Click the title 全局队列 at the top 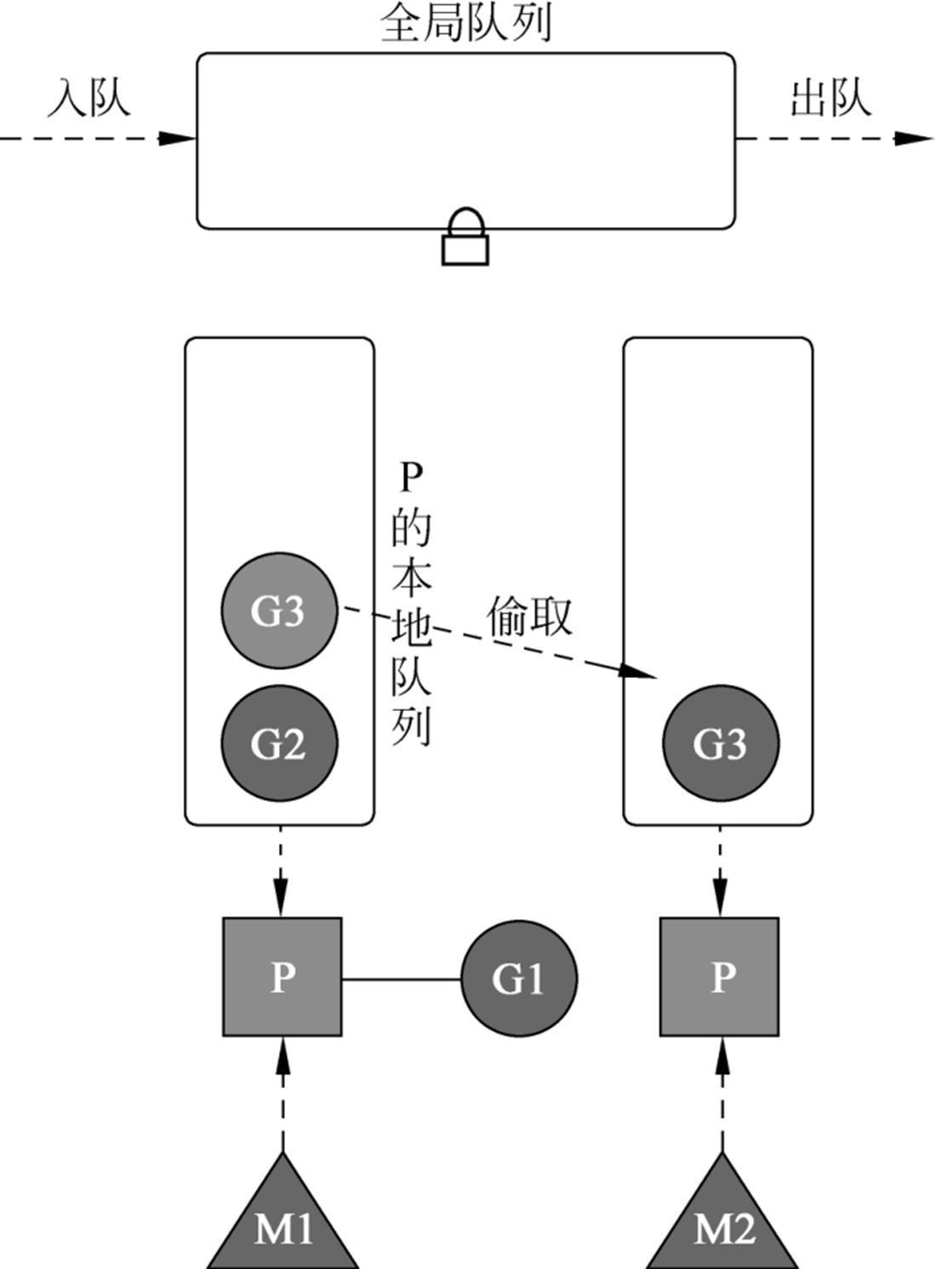coord(466,24)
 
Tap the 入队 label coord(88,98)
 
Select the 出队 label coord(830,98)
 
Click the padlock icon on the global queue coord(465,237)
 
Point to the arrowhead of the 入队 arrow coord(180,138)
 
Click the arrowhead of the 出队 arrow coord(916,138)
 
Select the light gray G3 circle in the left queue coord(279,610)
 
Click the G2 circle coord(279,743)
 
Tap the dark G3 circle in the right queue coord(720,743)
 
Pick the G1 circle coord(519,978)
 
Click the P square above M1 coord(282,976)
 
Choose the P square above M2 coord(720,976)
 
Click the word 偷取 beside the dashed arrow coord(529,616)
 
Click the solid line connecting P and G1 coord(402,979)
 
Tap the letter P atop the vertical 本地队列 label coord(410,478)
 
